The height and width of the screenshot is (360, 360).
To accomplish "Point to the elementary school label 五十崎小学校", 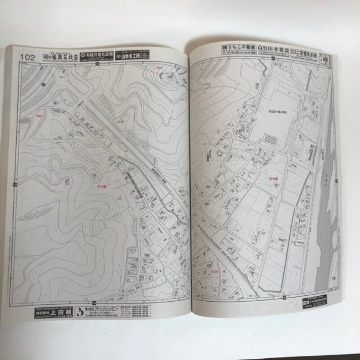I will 271,109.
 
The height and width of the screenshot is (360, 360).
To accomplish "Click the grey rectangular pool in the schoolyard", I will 271,139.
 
